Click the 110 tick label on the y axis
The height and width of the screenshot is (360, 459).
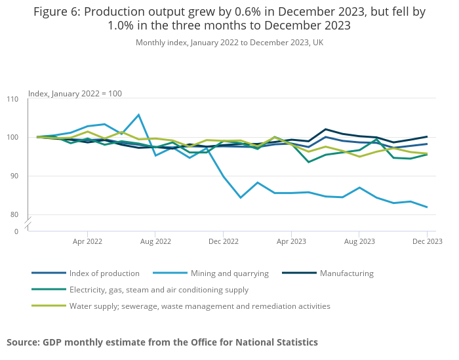(13, 99)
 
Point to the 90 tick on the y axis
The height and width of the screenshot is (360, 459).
(13, 176)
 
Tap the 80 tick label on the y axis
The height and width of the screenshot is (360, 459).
(13, 215)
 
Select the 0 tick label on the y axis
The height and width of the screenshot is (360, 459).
(16, 231)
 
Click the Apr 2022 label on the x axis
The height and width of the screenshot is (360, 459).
(87, 241)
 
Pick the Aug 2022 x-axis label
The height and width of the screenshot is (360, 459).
(155, 241)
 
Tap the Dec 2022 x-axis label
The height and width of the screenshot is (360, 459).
(223, 241)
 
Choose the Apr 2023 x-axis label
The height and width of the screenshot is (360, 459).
(291, 241)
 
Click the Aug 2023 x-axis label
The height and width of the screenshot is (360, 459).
(359, 241)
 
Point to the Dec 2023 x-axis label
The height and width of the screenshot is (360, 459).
(427, 241)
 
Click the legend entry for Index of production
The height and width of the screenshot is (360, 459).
(104, 273)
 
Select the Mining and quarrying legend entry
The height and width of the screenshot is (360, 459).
(229, 273)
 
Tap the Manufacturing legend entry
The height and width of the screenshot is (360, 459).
(346, 273)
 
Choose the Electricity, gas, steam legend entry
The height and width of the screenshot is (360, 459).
(158, 290)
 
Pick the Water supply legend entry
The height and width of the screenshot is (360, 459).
(199, 306)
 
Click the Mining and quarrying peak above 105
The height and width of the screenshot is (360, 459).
(138, 115)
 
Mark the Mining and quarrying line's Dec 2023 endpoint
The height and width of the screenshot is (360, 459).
(427, 207)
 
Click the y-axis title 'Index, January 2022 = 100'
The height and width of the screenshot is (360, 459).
(75, 94)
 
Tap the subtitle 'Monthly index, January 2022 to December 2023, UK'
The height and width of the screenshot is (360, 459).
(229, 43)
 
